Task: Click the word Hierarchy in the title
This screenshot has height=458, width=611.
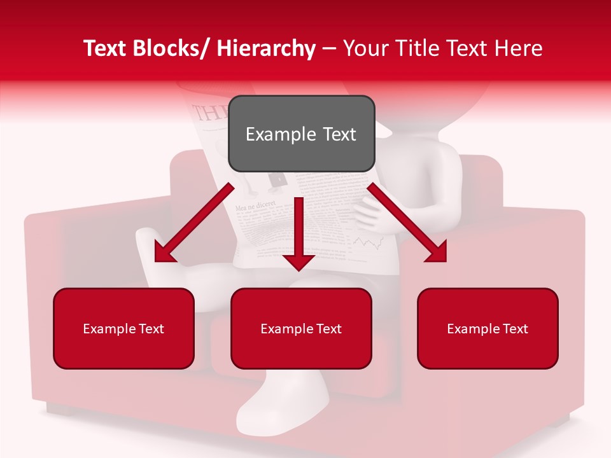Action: [x=266, y=49]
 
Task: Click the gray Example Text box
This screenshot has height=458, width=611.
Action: [x=301, y=134]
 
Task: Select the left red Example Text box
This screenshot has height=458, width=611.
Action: [x=123, y=328]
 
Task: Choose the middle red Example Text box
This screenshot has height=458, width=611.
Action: [x=301, y=328]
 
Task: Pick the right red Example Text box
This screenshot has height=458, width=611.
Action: [x=488, y=328]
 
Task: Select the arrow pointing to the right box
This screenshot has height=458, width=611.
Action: [x=407, y=223]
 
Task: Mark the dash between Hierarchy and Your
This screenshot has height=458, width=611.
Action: [x=329, y=49]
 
